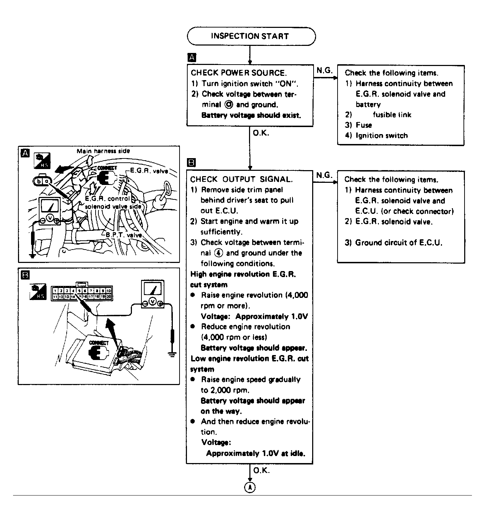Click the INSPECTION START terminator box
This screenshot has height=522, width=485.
251,36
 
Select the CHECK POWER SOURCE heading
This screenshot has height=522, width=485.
238,73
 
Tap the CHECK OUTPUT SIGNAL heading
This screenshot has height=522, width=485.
241,179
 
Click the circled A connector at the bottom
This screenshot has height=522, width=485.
250,487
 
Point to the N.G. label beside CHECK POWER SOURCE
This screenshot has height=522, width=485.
325,70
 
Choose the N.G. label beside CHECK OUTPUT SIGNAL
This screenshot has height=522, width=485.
325,175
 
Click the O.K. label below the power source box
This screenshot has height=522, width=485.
261,133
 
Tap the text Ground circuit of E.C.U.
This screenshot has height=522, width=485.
398,242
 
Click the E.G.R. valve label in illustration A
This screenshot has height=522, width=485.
149,171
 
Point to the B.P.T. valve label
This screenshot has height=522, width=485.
124,235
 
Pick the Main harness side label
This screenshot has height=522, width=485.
103,151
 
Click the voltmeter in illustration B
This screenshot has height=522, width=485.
152,294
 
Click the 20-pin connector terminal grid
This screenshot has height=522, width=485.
81,294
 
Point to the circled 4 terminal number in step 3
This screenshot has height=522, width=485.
218,253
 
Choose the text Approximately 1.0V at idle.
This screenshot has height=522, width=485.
255,453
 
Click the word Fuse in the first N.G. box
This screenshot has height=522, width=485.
364,125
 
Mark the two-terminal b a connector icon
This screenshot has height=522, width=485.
41,181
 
